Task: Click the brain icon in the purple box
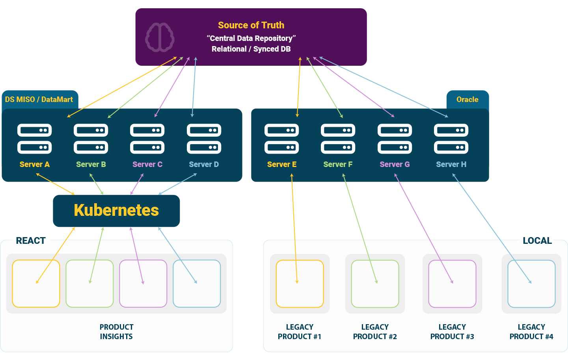point(160,37)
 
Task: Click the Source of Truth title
point(251,25)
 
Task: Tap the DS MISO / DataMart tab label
point(39,100)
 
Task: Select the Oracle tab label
point(467,100)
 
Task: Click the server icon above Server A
point(35,139)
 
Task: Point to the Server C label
point(147,164)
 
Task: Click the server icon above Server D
point(204,139)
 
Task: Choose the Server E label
point(281,164)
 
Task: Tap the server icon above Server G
point(395,139)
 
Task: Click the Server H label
point(451,164)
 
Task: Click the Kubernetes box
point(116,210)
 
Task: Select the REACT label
point(31,241)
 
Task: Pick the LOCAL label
point(537,241)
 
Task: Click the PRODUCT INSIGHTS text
point(116,332)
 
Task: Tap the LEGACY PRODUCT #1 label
point(300,332)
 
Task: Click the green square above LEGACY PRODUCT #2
point(375,284)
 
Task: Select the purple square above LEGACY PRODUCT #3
point(452,284)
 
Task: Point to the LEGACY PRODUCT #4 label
point(531,332)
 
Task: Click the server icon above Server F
point(338,139)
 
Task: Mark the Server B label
point(91,164)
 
